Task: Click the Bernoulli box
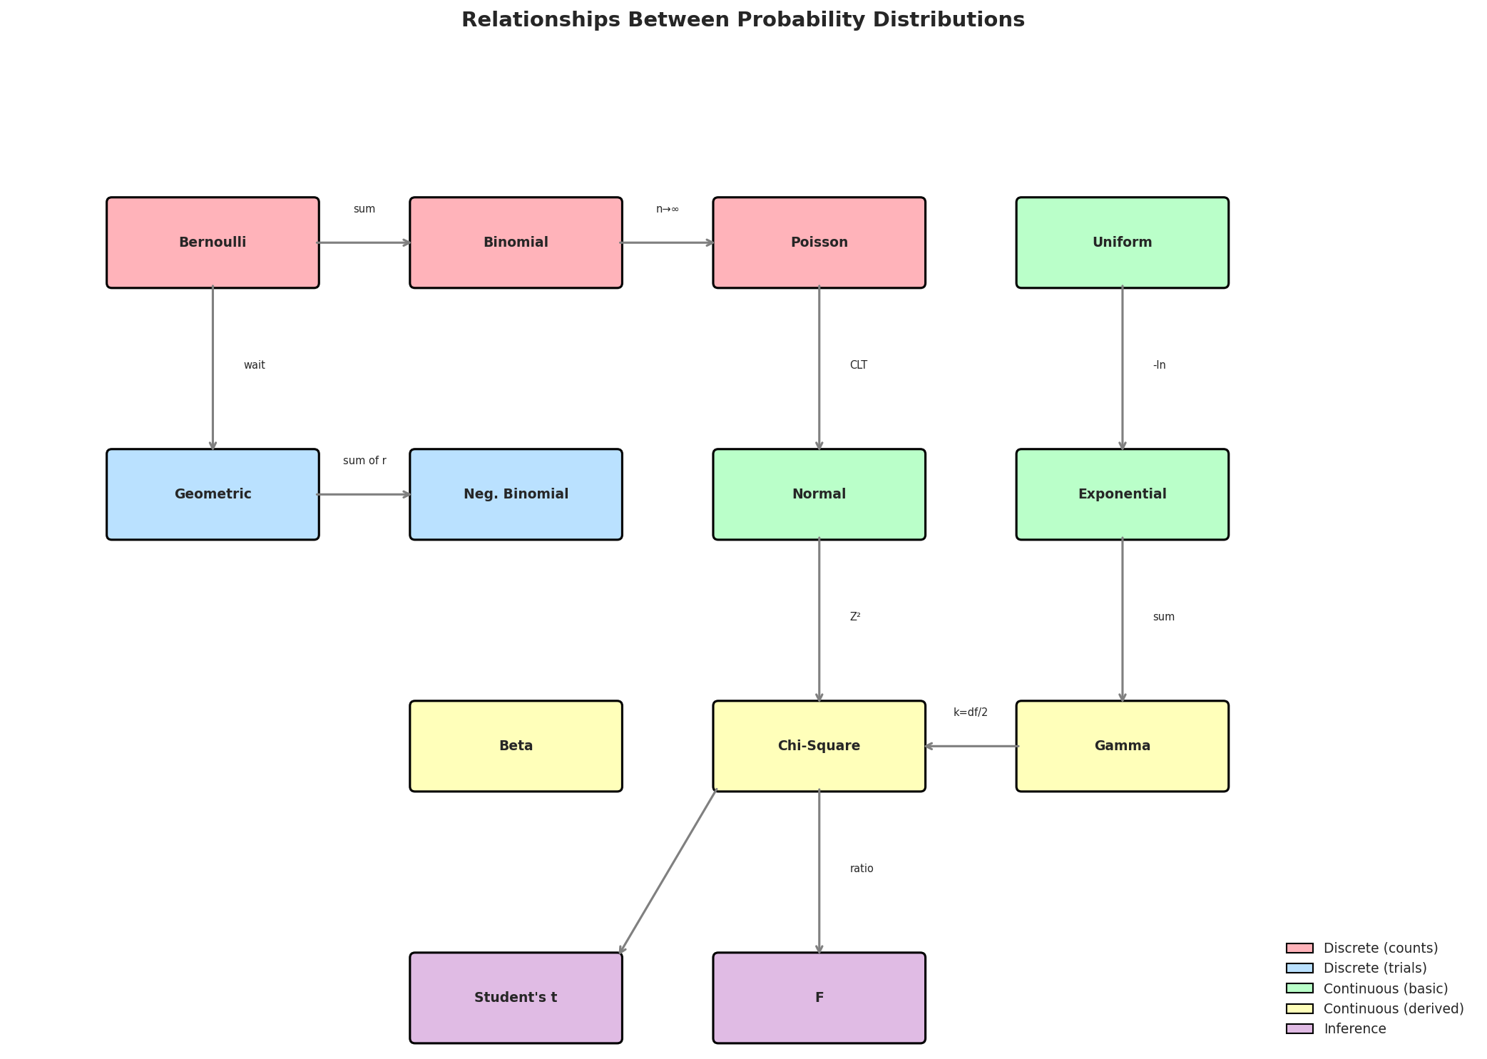click(213, 242)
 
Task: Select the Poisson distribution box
click(819, 242)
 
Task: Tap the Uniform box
click(1122, 242)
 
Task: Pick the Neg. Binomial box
click(516, 494)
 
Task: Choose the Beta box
click(516, 746)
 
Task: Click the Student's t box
click(516, 998)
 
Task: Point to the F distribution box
click(819, 998)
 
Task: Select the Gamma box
click(1122, 746)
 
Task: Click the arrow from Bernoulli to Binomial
click(364, 242)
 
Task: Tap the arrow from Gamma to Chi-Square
click(971, 746)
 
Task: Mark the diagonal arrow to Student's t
click(668, 871)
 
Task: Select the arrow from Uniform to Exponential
click(1122, 367)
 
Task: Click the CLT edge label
click(858, 365)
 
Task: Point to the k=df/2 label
click(970, 712)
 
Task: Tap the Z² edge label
click(854, 617)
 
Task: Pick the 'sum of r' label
click(364, 461)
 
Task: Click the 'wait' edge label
click(254, 365)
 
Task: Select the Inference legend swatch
click(1299, 1028)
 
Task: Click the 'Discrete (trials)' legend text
click(1374, 968)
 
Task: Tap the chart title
click(742, 20)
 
